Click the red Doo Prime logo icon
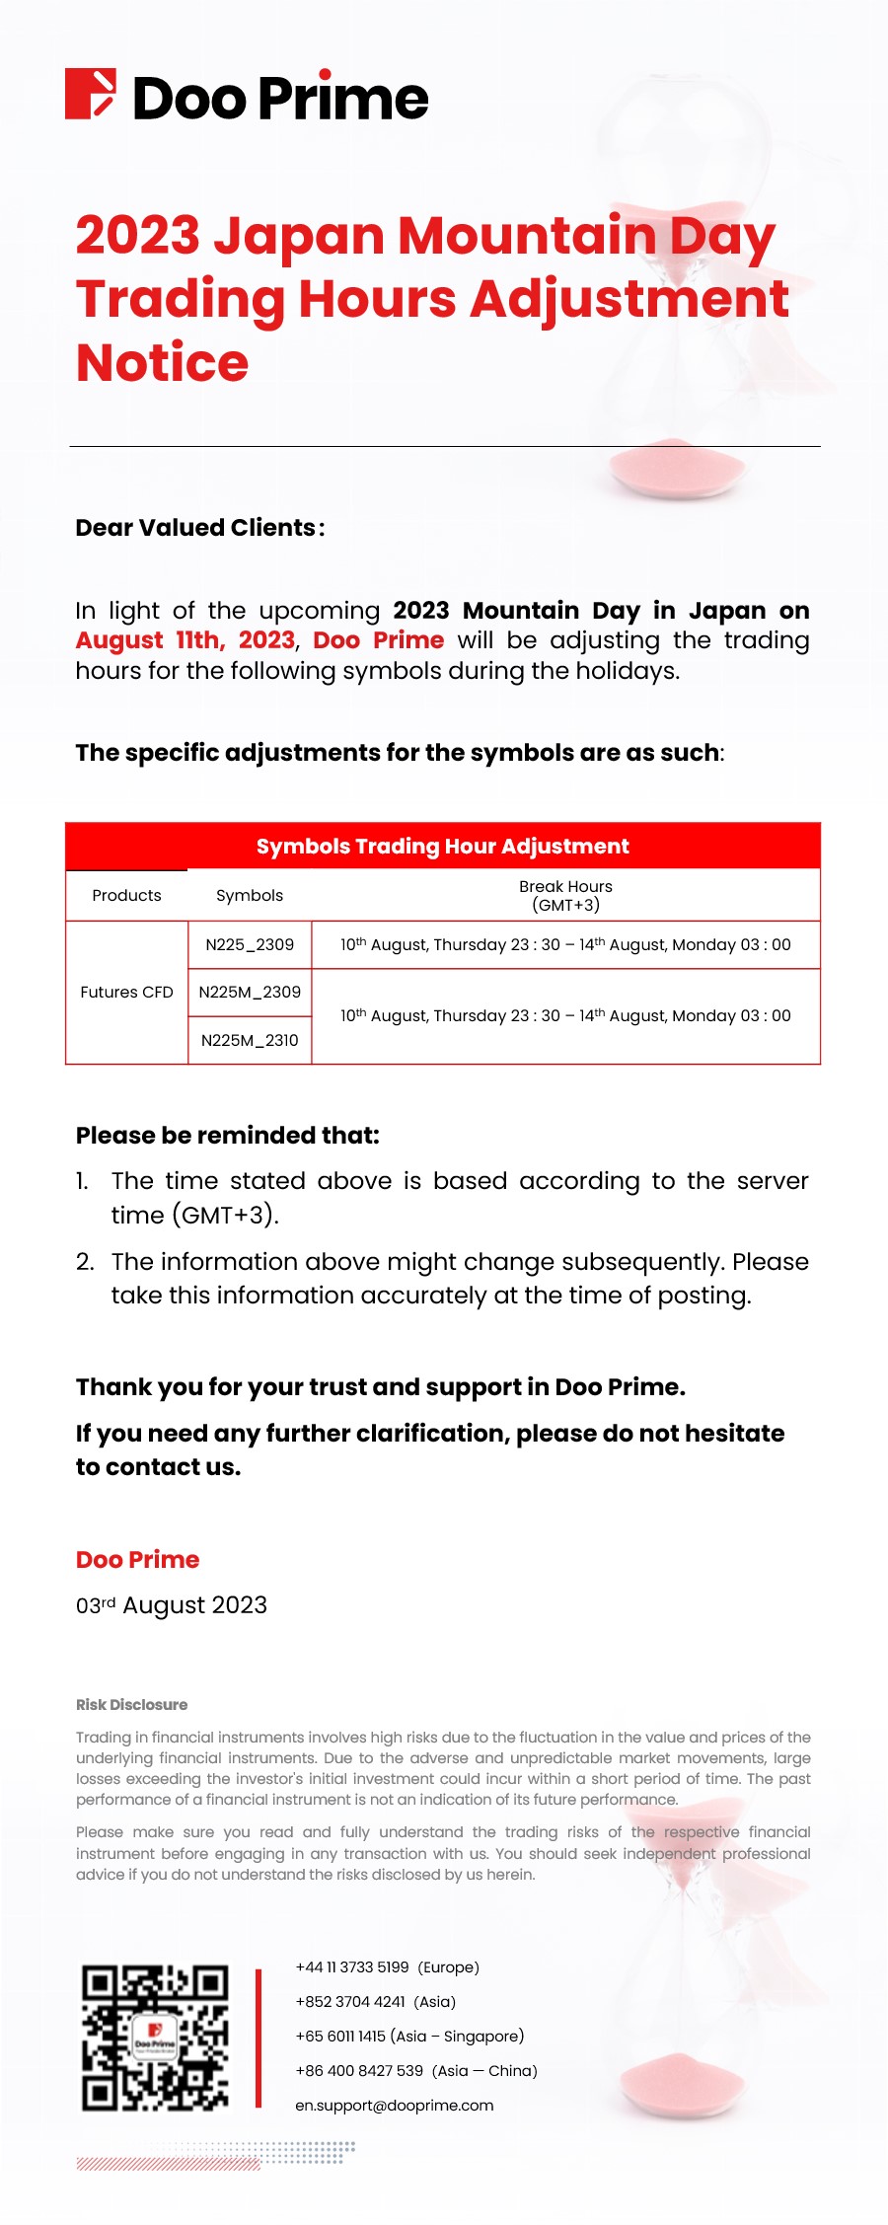tap(90, 95)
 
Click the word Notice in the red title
tap(163, 362)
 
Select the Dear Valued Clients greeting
tap(199, 528)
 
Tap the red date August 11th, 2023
tap(185, 640)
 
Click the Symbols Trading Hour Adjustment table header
tap(442, 847)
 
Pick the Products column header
tap(126, 896)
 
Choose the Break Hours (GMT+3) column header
tap(565, 896)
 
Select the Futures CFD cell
tap(126, 993)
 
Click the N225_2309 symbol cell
tap(250, 945)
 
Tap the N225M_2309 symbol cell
tap(250, 993)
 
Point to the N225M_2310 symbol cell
tap(250, 1041)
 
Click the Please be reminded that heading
tap(227, 1136)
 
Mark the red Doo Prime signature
tap(137, 1560)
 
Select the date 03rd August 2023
tap(172, 1605)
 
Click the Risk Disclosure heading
tap(131, 1705)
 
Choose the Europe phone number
tap(387, 1967)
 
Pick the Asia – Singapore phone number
tap(409, 2037)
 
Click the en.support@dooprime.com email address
tap(394, 2106)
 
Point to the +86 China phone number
tap(415, 2071)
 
